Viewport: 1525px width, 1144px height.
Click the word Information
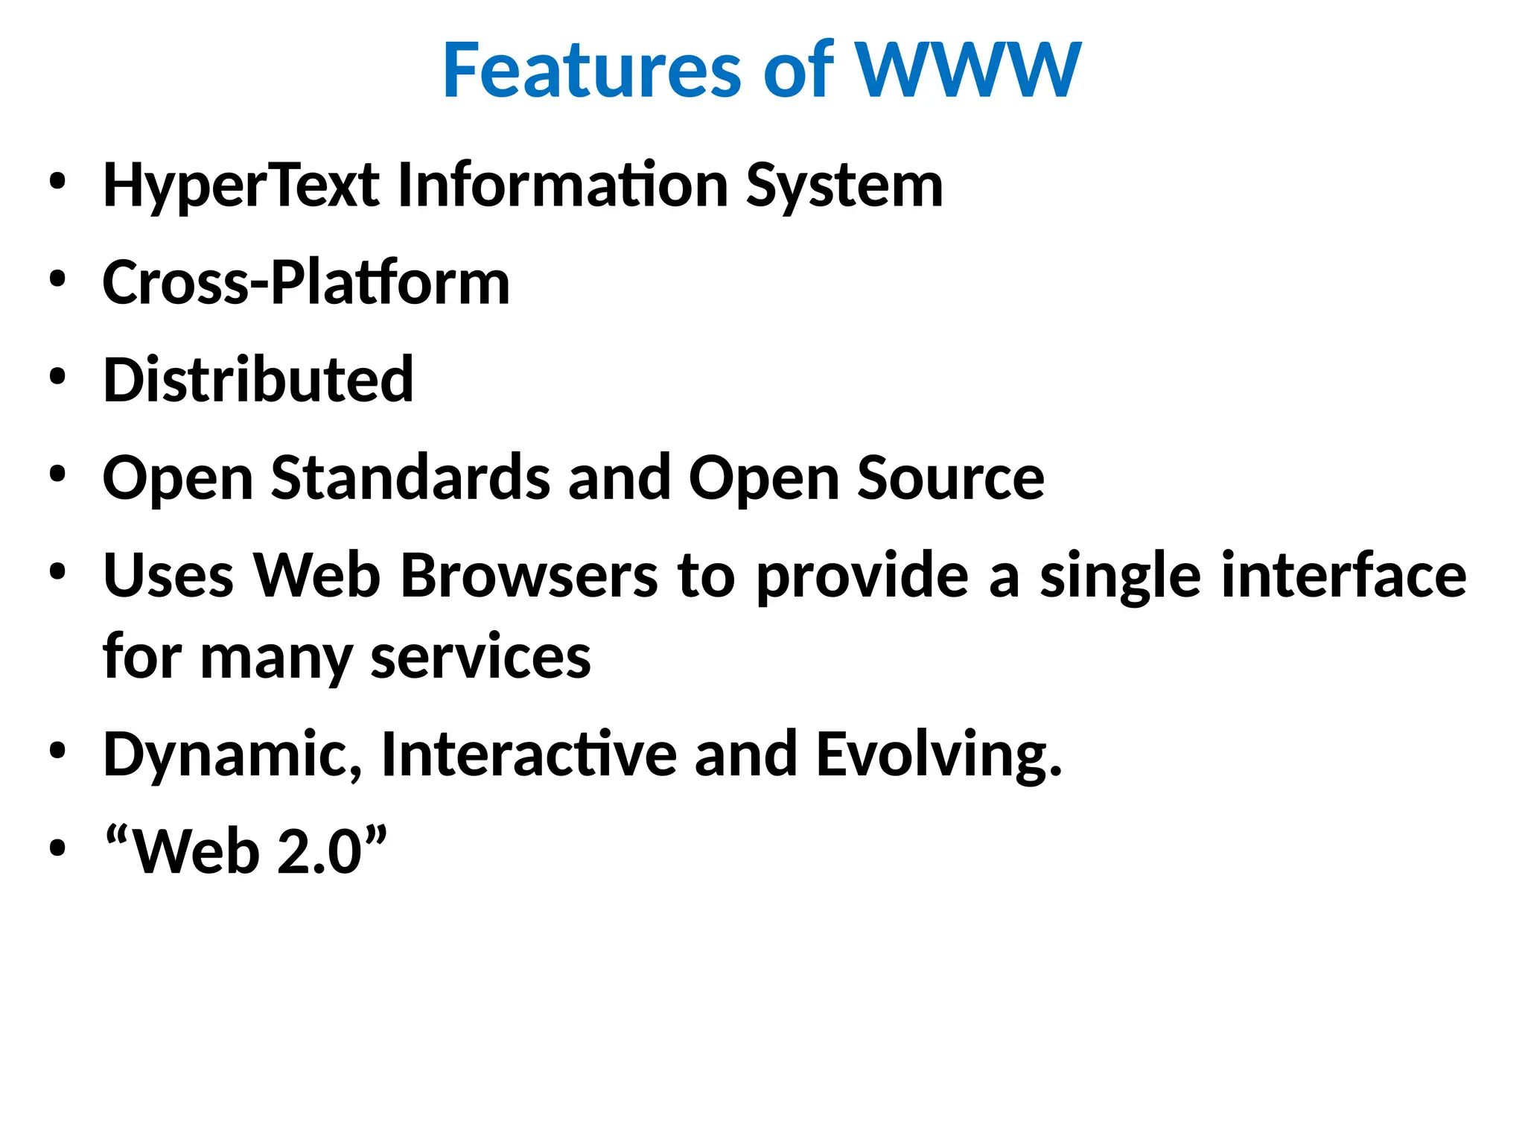pyautogui.click(x=562, y=185)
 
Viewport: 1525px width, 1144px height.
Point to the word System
pyautogui.click(x=844, y=185)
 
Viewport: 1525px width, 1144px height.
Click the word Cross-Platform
pyautogui.click(x=306, y=283)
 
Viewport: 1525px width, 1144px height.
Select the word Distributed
pyautogui.click(x=258, y=380)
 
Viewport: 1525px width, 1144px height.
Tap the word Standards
pyautogui.click(x=410, y=477)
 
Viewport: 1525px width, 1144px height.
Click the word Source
pyautogui.click(x=951, y=477)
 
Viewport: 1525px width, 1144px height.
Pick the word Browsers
pyautogui.click(x=529, y=576)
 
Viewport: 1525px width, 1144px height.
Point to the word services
pyautogui.click(x=481, y=658)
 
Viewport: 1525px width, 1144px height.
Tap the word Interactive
pyautogui.click(x=529, y=754)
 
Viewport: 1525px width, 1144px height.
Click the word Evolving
pyautogui.click(x=939, y=754)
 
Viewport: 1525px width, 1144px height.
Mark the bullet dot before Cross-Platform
pyautogui.click(x=57, y=279)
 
